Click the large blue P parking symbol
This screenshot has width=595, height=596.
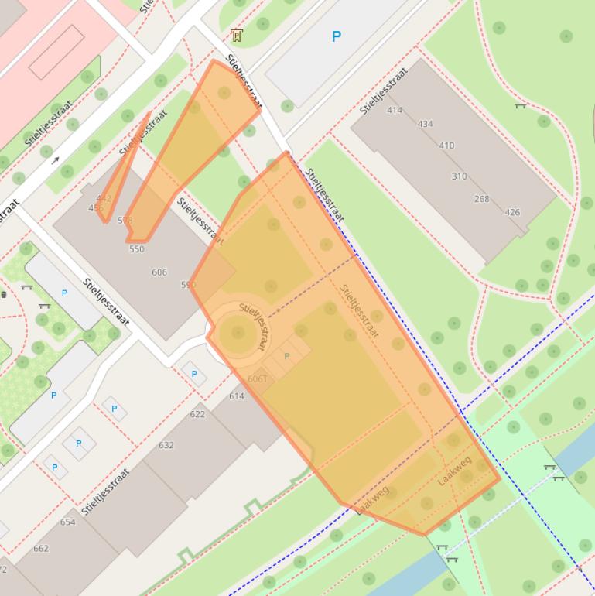(x=336, y=36)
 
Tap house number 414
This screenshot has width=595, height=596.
(x=395, y=111)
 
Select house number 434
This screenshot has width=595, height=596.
(x=425, y=124)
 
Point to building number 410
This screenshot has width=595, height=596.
(x=446, y=146)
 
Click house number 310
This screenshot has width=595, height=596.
(x=459, y=176)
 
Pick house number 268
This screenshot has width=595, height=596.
(x=481, y=199)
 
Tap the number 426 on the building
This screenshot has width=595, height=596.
(x=512, y=212)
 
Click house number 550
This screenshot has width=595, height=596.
(x=136, y=249)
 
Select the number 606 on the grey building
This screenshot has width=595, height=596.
(x=159, y=272)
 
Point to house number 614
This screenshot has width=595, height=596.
(x=236, y=396)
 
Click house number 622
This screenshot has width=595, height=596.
(x=197, y=414)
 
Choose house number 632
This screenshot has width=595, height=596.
(x=166, y=445)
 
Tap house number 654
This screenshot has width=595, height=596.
(x=68, y=522)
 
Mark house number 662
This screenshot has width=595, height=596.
(x=41, y=549)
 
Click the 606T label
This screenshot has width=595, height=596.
(x=258, y=379)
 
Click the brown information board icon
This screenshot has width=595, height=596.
(x=236, y=35)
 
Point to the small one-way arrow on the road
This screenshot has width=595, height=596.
(x=55, y=161)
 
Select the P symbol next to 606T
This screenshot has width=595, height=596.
(x=287, y=356)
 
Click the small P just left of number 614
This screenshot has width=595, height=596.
(x=193, y=375)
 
